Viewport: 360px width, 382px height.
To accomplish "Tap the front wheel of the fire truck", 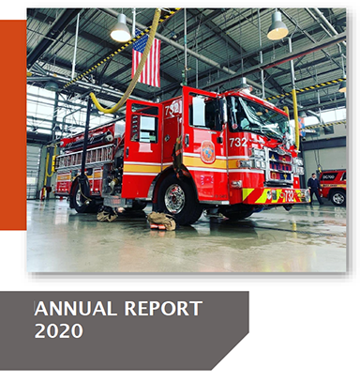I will click(175, 198).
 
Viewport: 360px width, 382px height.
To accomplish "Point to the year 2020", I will click(58, 330).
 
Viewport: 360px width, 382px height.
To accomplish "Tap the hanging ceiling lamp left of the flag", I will click(121, 30).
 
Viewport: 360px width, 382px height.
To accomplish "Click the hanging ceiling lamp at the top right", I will click(277, 28).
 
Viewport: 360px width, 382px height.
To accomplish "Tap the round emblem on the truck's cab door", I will click(207, 151).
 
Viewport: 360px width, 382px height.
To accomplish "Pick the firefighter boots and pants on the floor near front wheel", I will click(160, 220).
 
